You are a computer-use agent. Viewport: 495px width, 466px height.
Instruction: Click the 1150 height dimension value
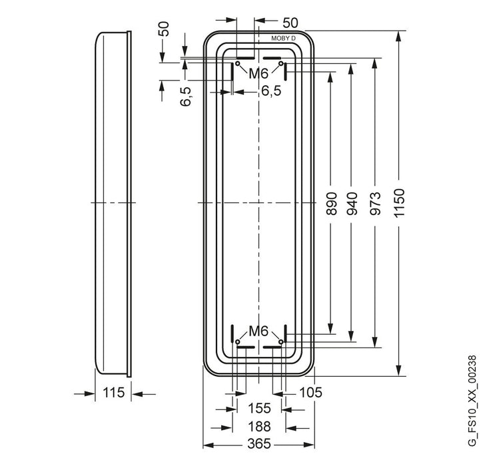399,202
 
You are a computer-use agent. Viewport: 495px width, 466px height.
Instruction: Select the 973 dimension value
375,204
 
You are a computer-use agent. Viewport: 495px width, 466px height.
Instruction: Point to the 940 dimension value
352,204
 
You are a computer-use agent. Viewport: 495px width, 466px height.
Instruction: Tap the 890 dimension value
331,204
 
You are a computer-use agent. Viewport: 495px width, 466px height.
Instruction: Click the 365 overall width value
259,443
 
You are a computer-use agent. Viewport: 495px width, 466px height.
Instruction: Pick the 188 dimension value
259,426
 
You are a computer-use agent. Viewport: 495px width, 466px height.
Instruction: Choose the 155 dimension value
259,408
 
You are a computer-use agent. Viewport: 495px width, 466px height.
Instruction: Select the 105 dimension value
310,393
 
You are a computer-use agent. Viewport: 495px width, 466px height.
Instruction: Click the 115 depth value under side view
114,393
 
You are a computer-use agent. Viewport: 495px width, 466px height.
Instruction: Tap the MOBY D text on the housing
284,39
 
